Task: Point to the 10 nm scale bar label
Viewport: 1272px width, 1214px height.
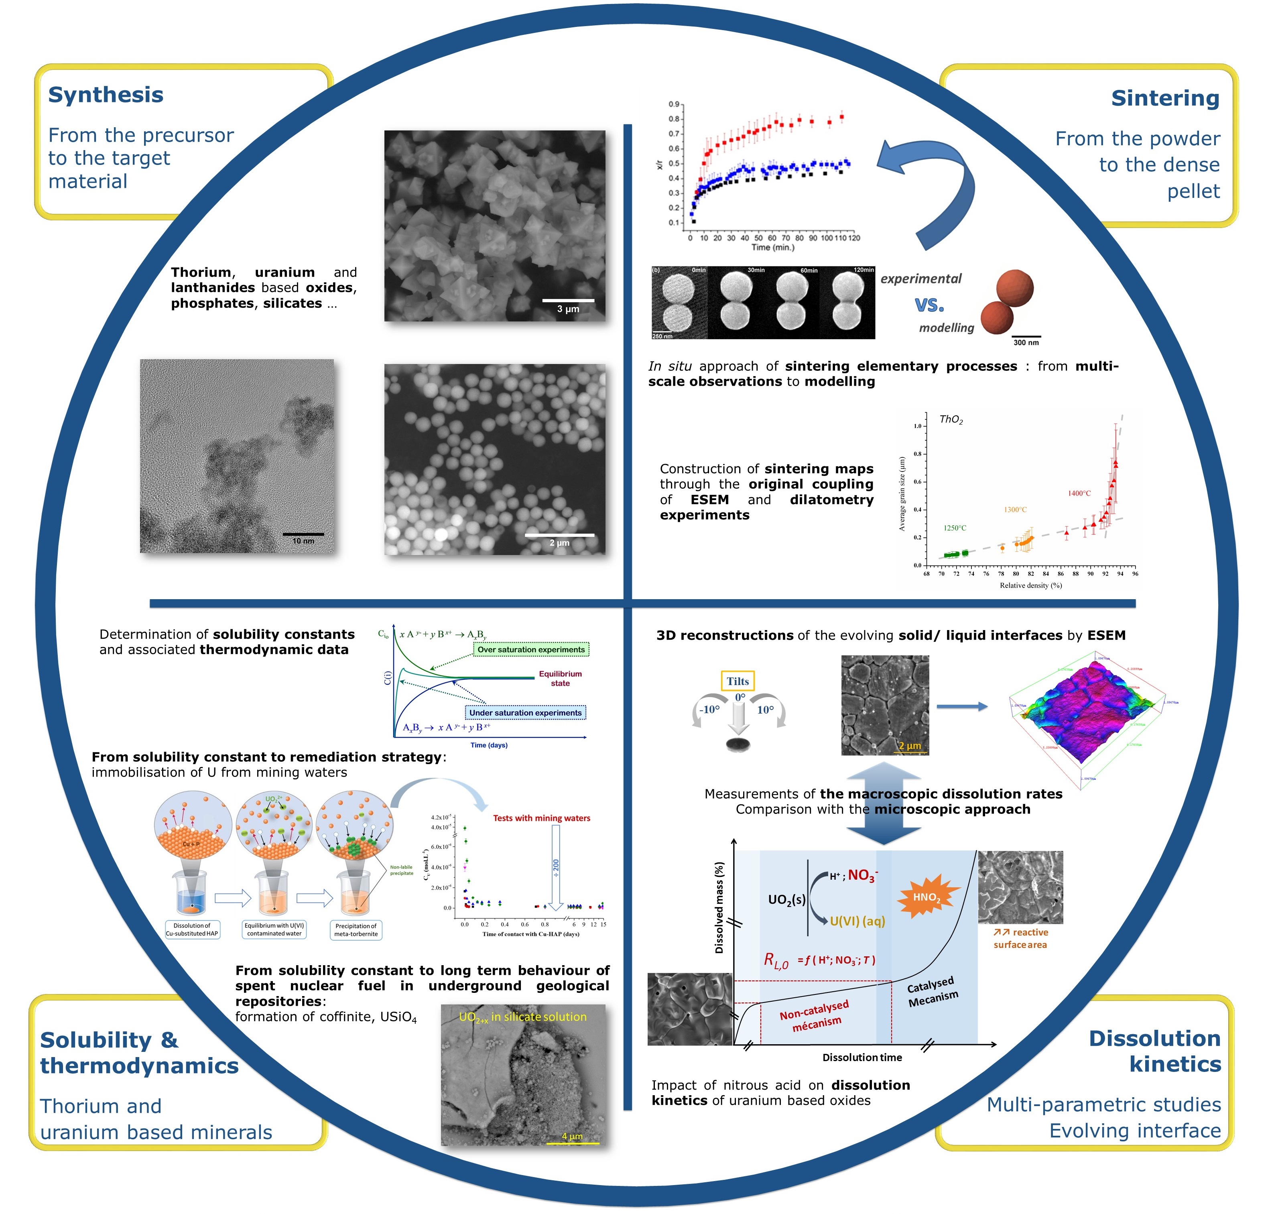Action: coord(303,540)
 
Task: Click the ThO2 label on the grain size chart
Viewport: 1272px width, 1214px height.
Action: coord(951,419)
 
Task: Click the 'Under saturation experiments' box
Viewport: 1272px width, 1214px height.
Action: coord(525,712)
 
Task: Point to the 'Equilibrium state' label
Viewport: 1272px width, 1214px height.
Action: coord(560,678)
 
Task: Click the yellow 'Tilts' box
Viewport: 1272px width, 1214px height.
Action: coord(737,681)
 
